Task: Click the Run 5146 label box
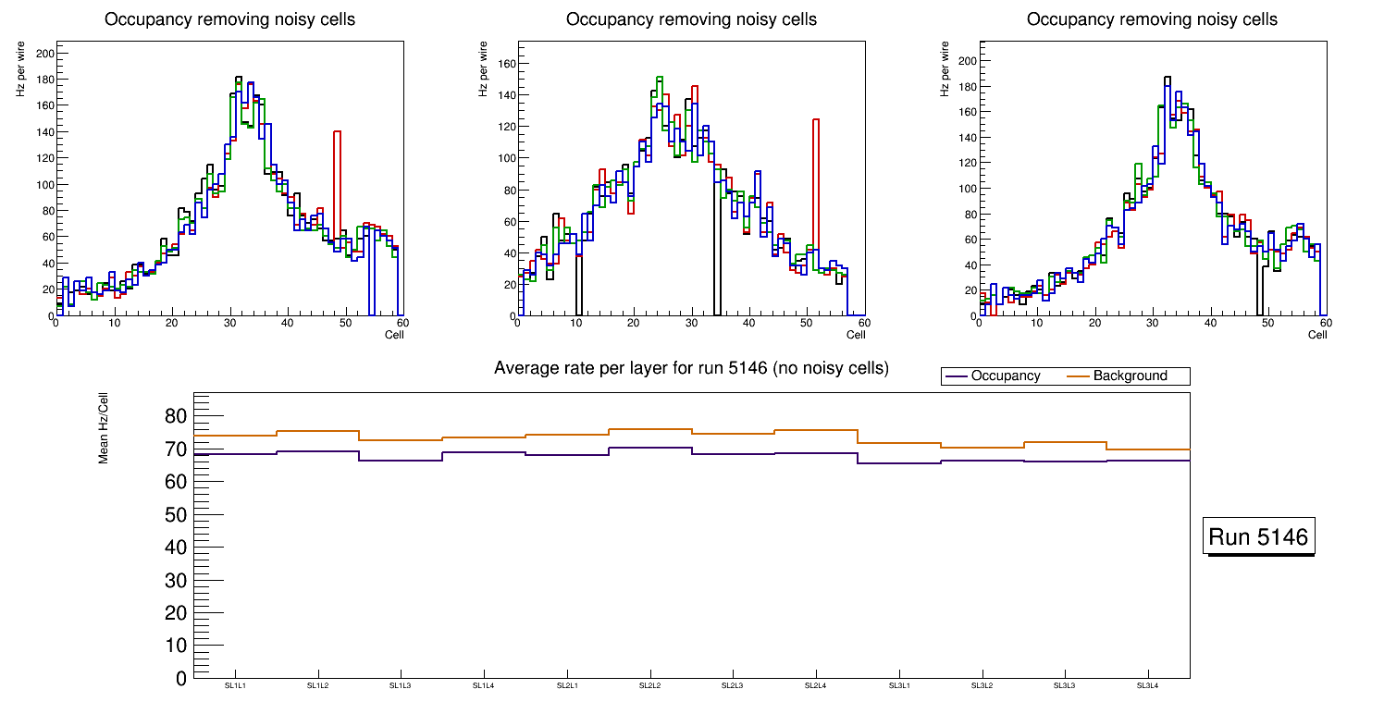tap(1258, 537)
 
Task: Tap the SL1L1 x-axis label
tap(235, 686)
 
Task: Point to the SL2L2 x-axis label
tap(650, 686)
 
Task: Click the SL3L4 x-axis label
tap(1148, 686)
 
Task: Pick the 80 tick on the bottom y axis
tap(176, 416)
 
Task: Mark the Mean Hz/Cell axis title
tap(105, 426)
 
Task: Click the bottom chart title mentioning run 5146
tap(691, 368)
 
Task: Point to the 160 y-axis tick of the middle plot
tap(504, 63)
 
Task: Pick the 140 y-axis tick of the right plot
tap(967, 137)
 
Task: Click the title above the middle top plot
tap(691, 19)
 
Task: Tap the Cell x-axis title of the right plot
tap(1317, 335)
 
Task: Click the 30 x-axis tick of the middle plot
tap(691, 324)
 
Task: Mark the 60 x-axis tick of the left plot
tap(402, 324)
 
